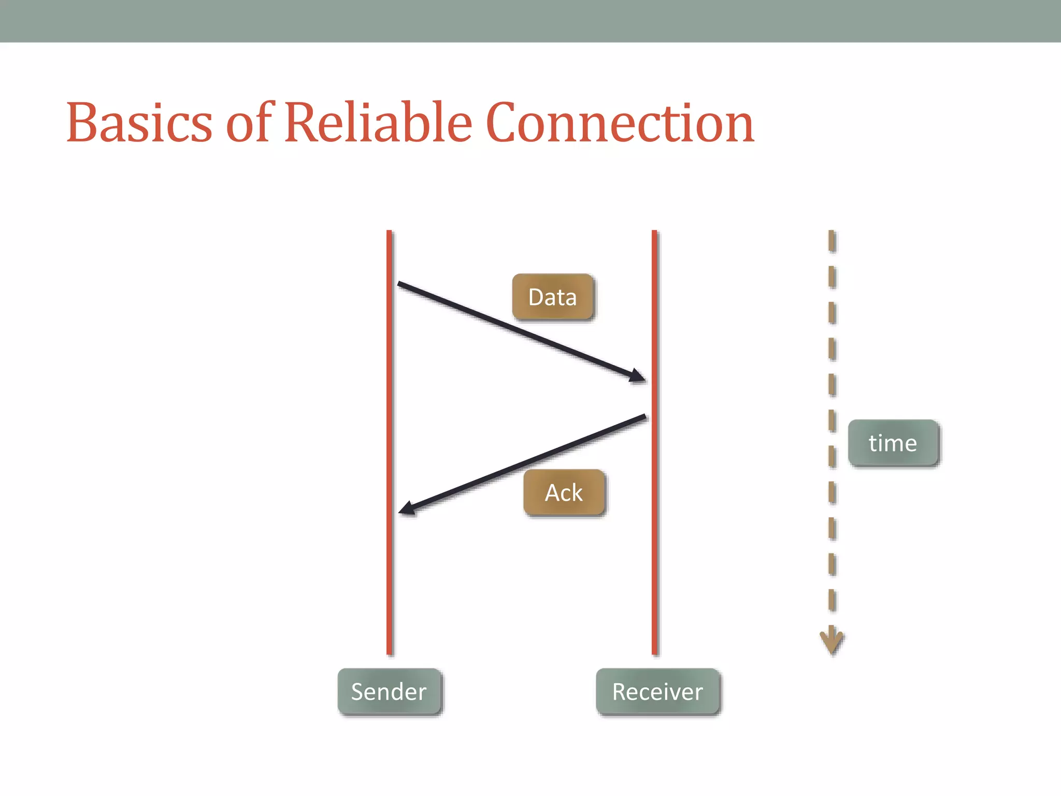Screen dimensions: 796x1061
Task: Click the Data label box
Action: point(552,297)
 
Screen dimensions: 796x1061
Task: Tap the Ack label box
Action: point(564,492)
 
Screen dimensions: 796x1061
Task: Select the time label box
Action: point(893,443)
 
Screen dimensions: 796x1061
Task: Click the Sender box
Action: point(389,691)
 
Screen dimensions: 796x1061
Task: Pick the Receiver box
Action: point(657,691)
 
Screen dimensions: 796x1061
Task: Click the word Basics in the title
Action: point(139,123)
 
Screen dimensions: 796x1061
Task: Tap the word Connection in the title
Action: point(620,123)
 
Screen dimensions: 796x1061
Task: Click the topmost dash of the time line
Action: point(831,241)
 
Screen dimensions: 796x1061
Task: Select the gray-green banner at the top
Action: point(530,21)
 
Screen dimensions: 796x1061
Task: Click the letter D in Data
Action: point(536,297)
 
